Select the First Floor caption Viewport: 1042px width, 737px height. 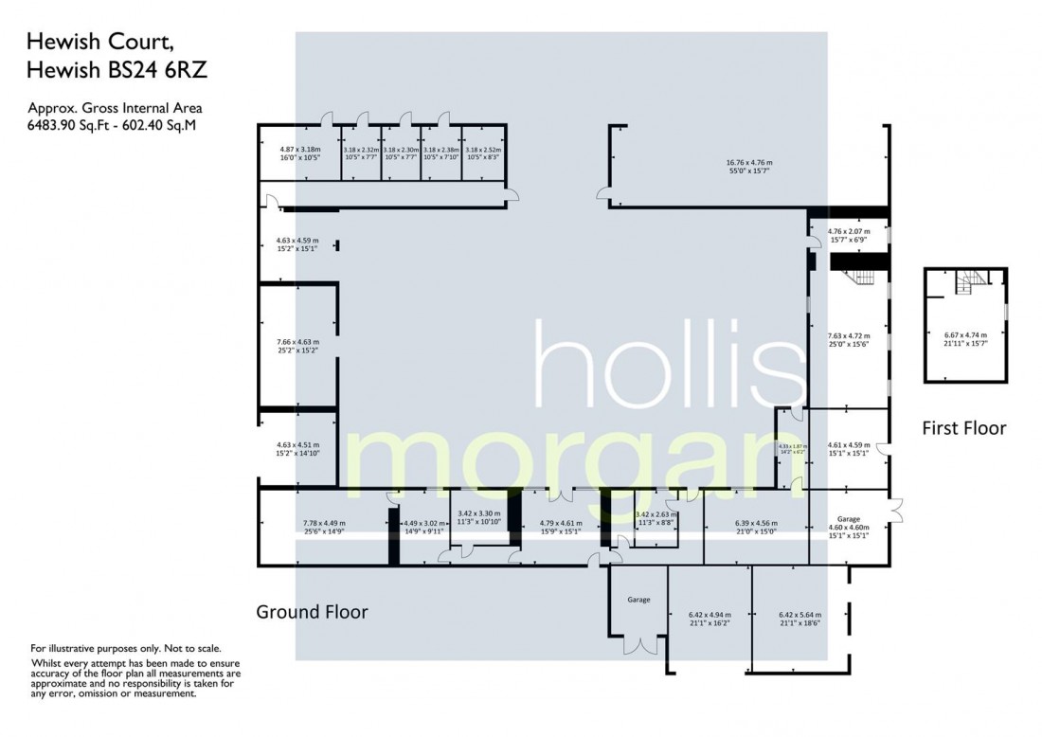pos(963,428)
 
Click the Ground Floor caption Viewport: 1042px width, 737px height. pos(312,612)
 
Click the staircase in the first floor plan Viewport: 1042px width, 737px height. pos(969,279)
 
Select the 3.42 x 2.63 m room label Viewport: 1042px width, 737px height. pos(657,518)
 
